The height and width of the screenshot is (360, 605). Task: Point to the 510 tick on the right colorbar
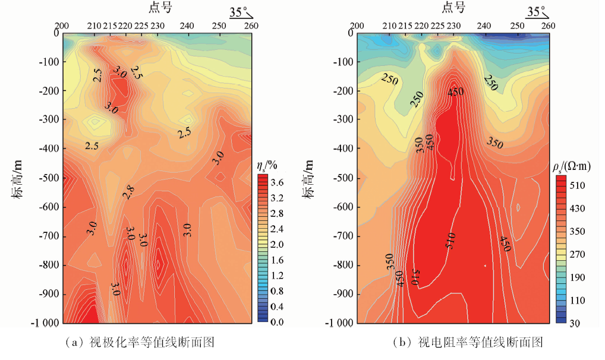[578, 185]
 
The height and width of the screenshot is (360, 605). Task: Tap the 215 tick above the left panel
[110, 26]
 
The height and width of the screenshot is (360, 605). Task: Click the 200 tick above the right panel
[357, 26]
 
